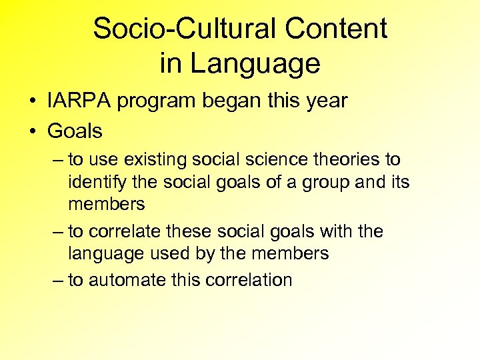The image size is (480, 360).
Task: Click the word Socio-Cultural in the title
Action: (x=185, y=29)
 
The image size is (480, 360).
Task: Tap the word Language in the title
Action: (x=255, y=64)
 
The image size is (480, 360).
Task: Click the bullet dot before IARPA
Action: (x=32, y=101)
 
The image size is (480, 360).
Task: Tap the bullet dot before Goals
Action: (x=32, y=131)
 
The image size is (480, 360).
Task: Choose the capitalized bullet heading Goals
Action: (x=75, y=131)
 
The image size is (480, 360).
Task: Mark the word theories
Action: (x=343, y=160)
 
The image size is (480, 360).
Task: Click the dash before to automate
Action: (x=59, y=280)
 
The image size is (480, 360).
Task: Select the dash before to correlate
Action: (x=59, y=232)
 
